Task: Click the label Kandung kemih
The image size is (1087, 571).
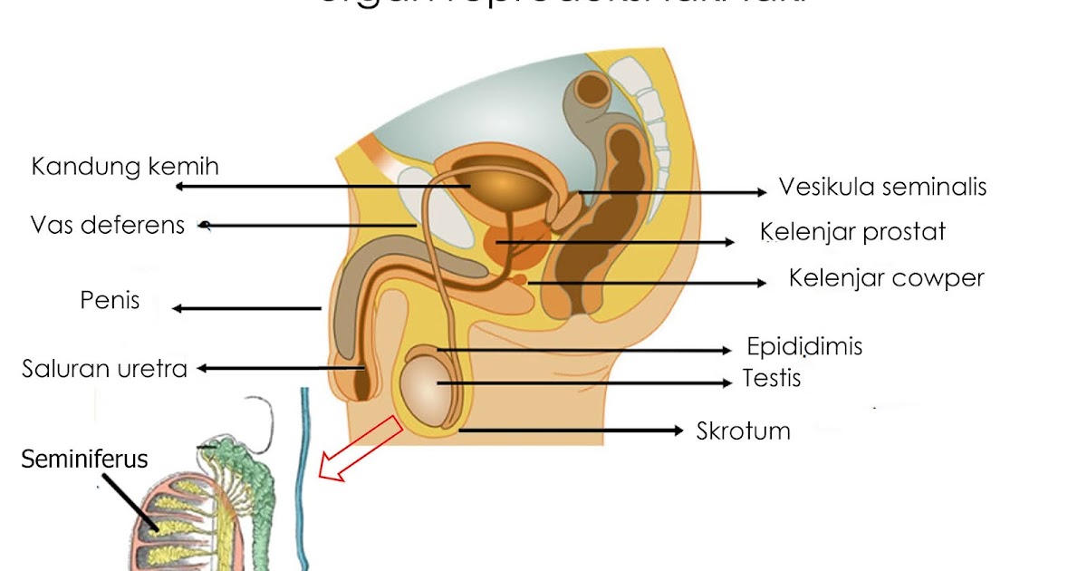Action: (x=125, y=168)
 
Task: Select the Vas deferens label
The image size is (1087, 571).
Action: (x=107, y=225)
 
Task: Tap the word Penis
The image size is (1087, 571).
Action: (x=110, y=299)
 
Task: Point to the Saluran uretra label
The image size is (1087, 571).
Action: (x=104, y=369)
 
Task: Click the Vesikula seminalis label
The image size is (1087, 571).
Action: (x=882, y=188)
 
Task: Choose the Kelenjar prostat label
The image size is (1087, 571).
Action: (x=852, y=232)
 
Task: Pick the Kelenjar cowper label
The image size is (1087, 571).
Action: (x=886, y=277)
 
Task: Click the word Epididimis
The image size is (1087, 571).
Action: (x=804, y=346)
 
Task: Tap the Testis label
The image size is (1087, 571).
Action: (x=772, y=377)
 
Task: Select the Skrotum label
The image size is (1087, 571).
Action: (x=743, y=431)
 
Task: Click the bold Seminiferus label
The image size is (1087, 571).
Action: (x=85, y=460)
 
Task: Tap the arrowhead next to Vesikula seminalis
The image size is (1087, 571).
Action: (x=761, y=192)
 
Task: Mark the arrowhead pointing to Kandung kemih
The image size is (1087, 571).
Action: (x=181, y=187)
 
